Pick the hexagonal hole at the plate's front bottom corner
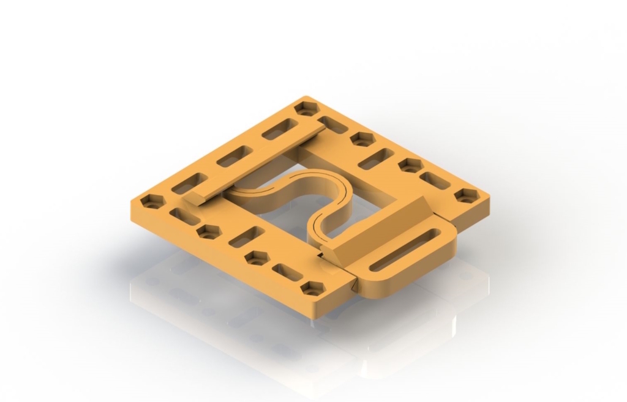(313, 288)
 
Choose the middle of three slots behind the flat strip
(235, 156)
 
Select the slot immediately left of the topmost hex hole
(279, 129)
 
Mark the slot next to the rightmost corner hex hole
(435, 180)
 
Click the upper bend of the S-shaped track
(318, 184)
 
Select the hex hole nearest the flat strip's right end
(362, 140)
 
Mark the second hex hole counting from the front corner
(257, 258)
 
